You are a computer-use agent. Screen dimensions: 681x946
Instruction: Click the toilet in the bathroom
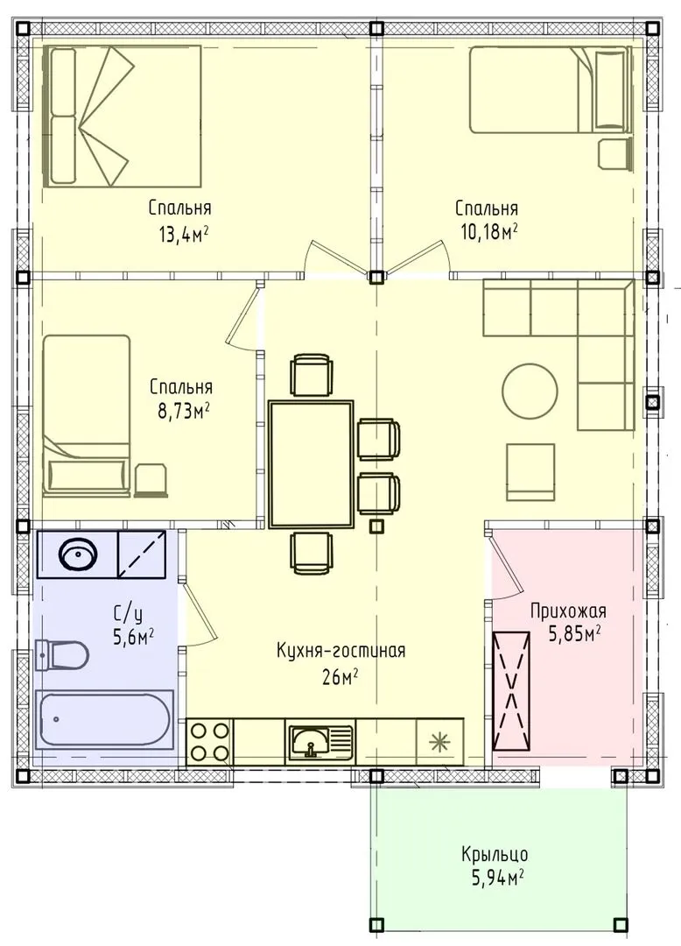[x=61, y=654]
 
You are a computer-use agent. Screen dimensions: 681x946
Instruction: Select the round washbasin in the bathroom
[x=78, y=554]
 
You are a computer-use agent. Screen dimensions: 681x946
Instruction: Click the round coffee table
[x=530, y=390]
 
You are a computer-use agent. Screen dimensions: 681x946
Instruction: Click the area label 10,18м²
[x=490, y=231]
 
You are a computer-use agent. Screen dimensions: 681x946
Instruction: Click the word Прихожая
[x=568, y=611]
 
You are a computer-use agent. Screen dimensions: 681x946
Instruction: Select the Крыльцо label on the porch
[x=495, y=855]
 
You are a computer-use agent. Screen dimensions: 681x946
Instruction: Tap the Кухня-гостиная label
[x=341, y=651]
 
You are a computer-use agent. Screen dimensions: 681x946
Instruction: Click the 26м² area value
[x=341, y=678]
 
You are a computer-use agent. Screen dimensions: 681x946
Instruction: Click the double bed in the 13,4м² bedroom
[x=123, y=116]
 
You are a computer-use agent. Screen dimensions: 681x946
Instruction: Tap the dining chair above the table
[x=311, y=375]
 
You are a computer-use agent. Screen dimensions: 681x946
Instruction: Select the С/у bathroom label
[x=128, y=615]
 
